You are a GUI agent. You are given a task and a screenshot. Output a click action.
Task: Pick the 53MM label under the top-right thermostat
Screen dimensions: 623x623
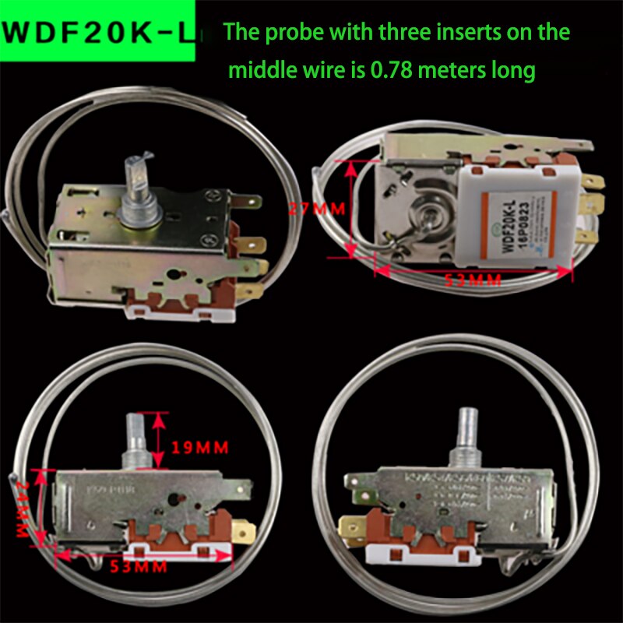pyautogui.click(x=473, y=280)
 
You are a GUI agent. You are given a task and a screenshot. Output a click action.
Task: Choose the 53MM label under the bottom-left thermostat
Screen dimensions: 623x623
pyautogui.click(x=139, y=567)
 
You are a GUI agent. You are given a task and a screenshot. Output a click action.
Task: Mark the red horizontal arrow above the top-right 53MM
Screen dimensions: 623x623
pyautogui.click(x=473, y=269)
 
